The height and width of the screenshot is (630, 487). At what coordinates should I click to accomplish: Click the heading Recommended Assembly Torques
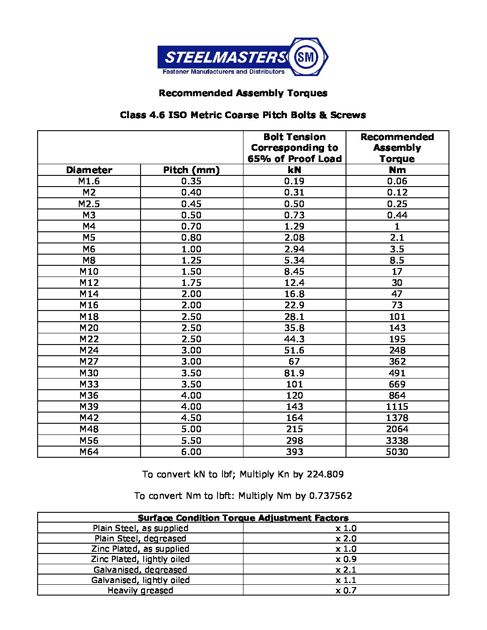[x=243, y=93]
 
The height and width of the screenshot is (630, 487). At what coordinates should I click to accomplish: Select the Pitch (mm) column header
[x=191, y=170]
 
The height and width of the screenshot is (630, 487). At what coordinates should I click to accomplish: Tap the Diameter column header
[x=89, y=170]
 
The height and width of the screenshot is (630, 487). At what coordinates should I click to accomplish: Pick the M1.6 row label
[x=89, y=181]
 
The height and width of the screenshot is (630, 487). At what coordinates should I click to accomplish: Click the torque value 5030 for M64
[x=397, y=452]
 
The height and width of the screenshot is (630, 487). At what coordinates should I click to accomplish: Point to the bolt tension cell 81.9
[x=295, y=373]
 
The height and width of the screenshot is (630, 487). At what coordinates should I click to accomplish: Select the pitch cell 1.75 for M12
[x=191, y=283]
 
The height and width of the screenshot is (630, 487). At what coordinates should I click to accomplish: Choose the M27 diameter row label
[x=89, y=362]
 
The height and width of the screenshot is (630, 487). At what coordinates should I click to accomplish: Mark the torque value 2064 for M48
[x=397, y=429]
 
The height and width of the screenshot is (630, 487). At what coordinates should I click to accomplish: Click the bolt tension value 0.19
[x=295, y=181]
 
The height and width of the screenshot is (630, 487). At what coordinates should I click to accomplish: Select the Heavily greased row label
[x=140, y=591]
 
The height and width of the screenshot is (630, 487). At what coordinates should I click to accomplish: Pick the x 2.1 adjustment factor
[x=346, y=570]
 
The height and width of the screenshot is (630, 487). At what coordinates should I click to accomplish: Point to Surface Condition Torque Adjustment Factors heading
[x=243, y=518]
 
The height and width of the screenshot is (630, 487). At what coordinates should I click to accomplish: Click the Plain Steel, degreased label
[x=140, y=539]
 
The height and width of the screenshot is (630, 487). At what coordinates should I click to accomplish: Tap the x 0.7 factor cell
[x=346, y=591]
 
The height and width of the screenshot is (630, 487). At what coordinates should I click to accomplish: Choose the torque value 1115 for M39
[x=397, y=407]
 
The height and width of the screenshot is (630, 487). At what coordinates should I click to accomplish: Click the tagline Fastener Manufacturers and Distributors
[x=223, y=72]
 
